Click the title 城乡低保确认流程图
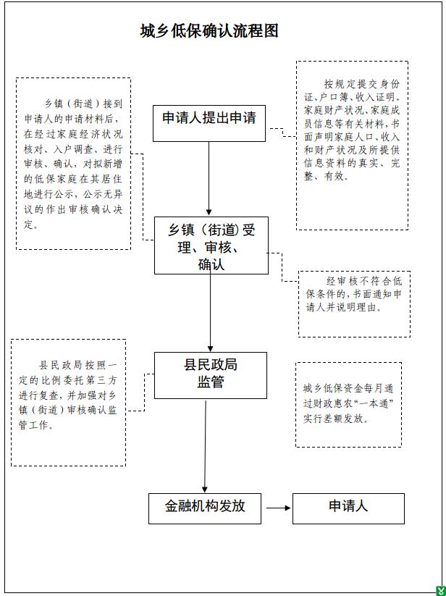[x=209, y=31]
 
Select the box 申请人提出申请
[x=209, y=124]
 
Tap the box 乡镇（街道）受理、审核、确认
[x=211, y=245]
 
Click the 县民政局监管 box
[x=211, y=375]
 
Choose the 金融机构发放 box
[x=205, y=508]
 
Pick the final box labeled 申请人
[x=348, y=508]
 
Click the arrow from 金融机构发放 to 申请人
[x=278, y=508]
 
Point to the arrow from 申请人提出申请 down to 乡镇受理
[x=209, y=179]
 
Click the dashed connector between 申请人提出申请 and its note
[x=282, y=133]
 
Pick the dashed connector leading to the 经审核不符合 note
[x=282, y=266]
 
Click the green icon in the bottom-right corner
[x=441, y=591]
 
